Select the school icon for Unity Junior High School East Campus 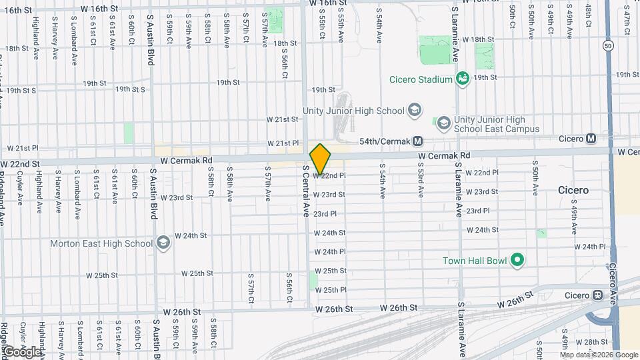[443, 123]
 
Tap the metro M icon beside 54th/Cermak [418, 141]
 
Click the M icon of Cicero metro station [591, 139]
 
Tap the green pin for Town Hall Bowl [516, 261]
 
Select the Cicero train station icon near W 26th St [597, 295]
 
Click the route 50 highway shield [607, 45]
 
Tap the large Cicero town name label [573, 190]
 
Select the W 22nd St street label [20, 163]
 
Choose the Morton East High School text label [101, 243]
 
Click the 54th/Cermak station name [383, 141]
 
